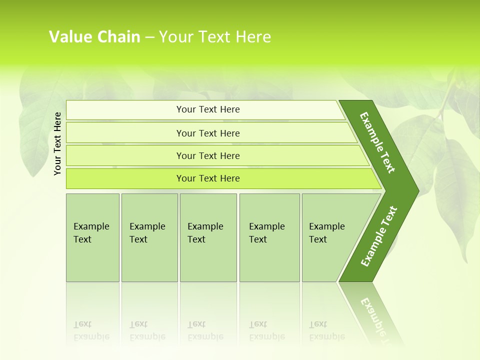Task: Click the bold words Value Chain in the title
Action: [94, 36]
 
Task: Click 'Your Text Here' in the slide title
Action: [215, 36]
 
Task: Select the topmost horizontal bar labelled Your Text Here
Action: [208, 109]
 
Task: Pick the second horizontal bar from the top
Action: [208, 133]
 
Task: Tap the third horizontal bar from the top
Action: [208, 155]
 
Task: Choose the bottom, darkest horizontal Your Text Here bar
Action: [208, 178]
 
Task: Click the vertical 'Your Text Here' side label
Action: [57, 143]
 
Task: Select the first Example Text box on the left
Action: [92, 237]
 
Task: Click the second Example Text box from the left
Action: [149, 237]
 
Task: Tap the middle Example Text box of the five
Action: [208, 237]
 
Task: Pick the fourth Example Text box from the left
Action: [269, 237]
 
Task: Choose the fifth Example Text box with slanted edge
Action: [330, 237]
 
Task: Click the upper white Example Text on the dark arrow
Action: [377, 142]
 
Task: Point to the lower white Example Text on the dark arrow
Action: [379, 236]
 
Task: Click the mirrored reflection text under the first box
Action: [91, 330]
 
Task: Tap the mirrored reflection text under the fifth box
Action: [326, 330]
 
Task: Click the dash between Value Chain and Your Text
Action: [149, 37]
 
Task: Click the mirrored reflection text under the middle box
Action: [205, 330]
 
